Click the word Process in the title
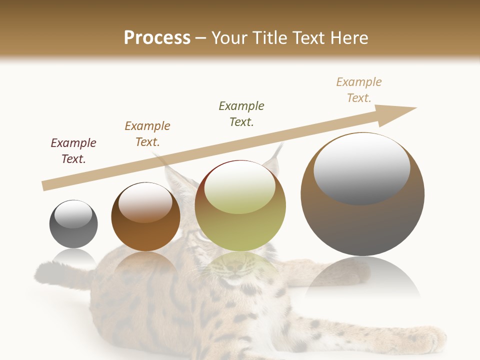coord(157,37)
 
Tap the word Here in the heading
coord(347,38)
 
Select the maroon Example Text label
coord(73,151)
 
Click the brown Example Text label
coord(147,134)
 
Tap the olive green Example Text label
coord(241,114)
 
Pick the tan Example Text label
coord(359,90)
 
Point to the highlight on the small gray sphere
coord(73,214)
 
